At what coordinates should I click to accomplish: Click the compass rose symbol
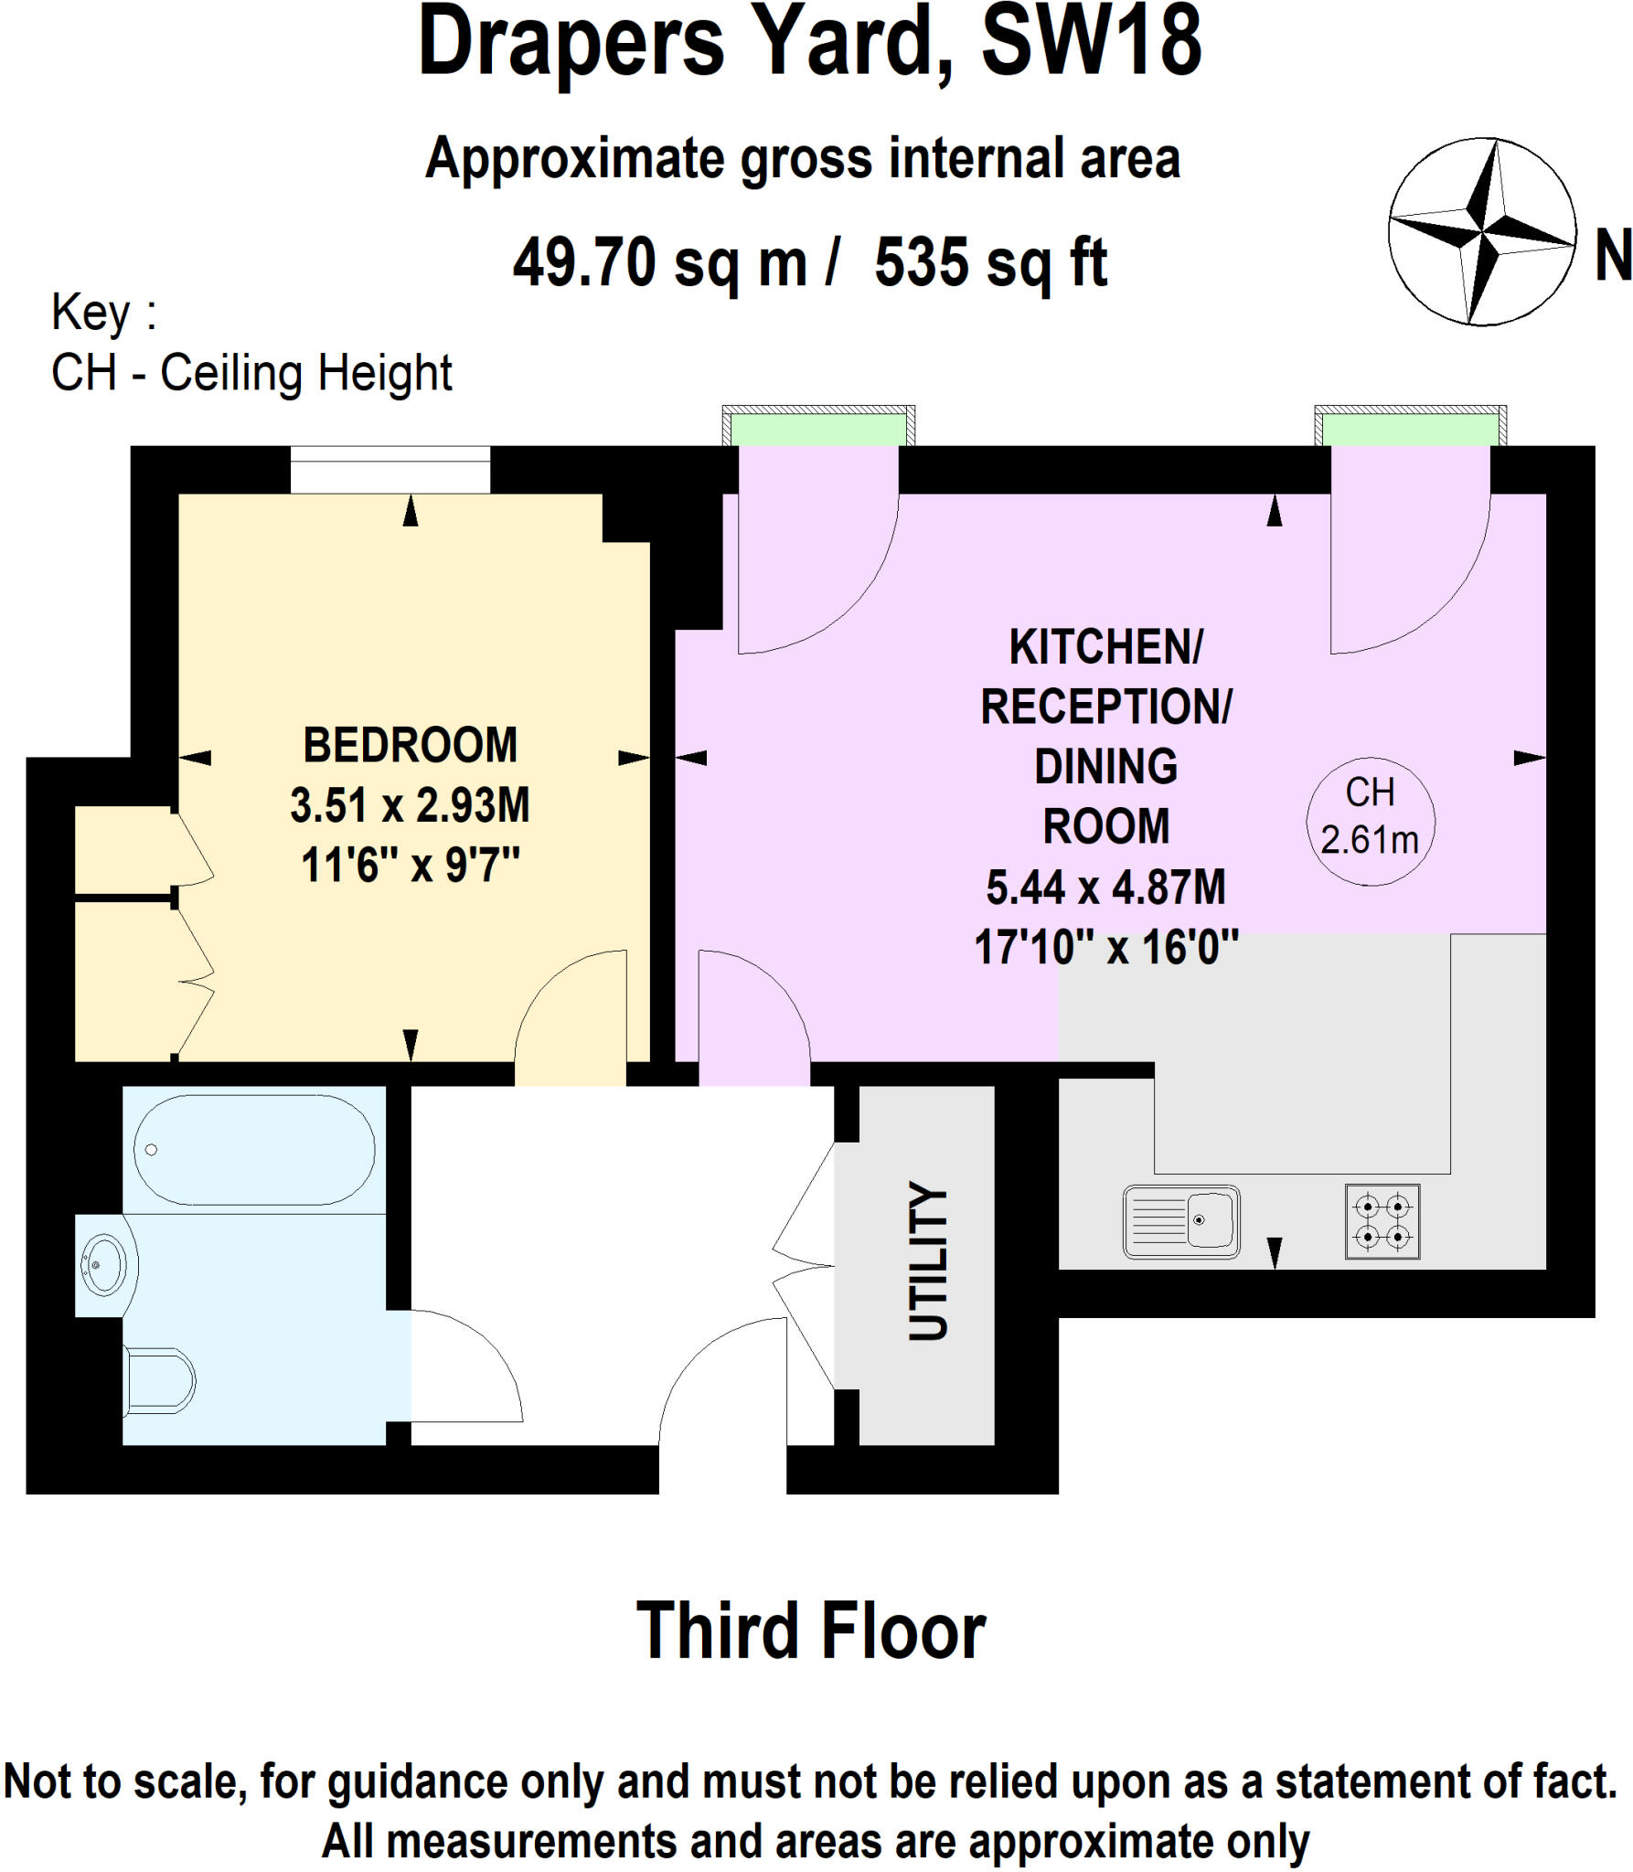click(1482, 231)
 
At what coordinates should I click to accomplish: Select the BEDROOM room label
click(410, 745)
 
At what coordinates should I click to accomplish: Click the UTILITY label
click(928, 1261)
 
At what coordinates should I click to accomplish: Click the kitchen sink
click(1181, 1220)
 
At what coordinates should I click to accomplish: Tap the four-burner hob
click(1382, 1221)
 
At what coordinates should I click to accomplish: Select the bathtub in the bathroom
click(254, 1150)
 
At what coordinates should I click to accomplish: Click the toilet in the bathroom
click(160, 1380)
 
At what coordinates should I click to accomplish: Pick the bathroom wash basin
click(105, 1265)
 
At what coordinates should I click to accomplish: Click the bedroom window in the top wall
click(390, 469)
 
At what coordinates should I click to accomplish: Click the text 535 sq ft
click(990, 263)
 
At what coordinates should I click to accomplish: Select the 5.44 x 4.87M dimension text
click(1105, 887)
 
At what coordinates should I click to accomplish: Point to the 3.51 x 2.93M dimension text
click(410, 805)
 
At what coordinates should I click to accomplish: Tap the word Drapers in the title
click(571, 43)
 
